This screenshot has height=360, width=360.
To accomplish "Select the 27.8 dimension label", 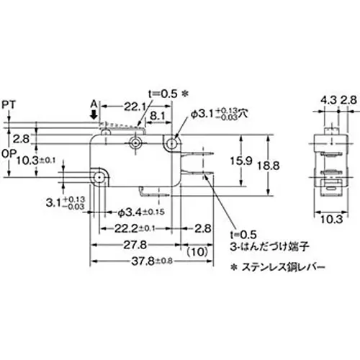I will (130, 246).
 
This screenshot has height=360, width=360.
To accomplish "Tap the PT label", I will (9, 104).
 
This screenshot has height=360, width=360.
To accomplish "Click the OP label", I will (9, 153).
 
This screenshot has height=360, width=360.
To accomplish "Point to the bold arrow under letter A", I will (94, 114).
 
